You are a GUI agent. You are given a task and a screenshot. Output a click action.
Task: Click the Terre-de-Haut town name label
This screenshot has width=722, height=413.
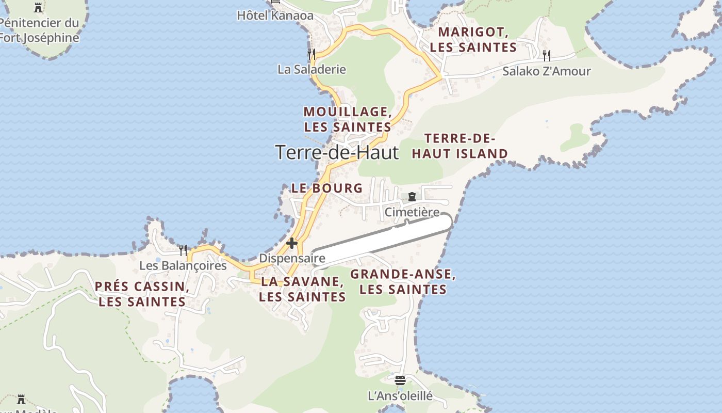(337, 153)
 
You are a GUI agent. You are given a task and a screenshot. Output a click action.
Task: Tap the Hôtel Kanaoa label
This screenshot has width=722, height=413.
(275, 15)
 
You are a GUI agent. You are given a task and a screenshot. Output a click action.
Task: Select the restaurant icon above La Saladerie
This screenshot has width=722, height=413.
(311, 54)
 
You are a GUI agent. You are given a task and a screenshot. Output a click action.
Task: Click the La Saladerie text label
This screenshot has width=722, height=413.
(311, 69)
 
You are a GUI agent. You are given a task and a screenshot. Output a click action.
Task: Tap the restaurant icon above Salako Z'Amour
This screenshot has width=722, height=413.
(546, 55)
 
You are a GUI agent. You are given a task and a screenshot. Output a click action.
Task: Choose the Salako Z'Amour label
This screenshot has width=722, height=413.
(546, 71)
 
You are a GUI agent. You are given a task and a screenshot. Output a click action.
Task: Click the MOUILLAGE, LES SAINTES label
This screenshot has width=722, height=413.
(347, 119)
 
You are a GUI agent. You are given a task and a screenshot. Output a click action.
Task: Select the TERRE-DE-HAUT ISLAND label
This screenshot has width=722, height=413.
(460, 146)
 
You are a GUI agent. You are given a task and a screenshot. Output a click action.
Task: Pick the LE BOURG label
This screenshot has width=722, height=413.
(327, 188)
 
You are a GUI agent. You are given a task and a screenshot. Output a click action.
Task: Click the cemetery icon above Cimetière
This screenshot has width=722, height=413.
(412, 197)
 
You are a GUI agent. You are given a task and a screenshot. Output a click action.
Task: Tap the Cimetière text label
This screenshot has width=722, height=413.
(412, 212)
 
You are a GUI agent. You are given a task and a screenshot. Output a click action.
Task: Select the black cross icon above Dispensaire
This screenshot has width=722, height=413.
(292, 243)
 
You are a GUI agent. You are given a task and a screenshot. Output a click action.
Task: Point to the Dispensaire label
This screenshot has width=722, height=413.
(292, 258)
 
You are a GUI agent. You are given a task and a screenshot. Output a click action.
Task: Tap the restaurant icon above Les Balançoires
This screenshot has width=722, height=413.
(183, 250)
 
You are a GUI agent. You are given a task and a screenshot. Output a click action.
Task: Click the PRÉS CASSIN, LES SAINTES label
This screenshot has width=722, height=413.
(142, 294)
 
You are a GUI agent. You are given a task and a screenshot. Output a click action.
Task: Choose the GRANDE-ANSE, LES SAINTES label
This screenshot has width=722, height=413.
(403, 282)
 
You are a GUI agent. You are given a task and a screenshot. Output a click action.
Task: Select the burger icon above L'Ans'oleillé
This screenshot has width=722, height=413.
(400, 380)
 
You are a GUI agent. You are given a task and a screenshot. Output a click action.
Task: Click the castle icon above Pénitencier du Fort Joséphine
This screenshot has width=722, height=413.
(38, 7)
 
